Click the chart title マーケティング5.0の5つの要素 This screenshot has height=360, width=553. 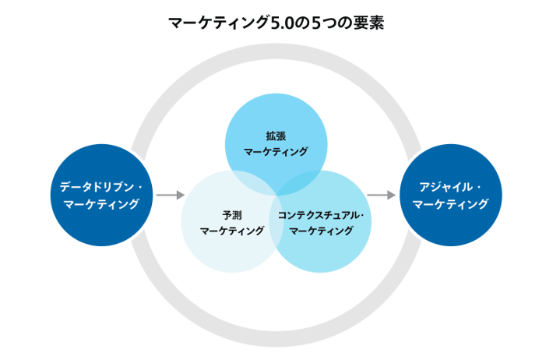pyautogui.click(x=276, y=23)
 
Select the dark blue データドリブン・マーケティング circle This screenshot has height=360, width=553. pyautogui.click(x=101, y=195)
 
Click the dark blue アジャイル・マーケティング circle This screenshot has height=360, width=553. pyautogui.click(x=451, y=195)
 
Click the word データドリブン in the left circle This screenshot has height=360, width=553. pyautogui.click(x=97, y=187)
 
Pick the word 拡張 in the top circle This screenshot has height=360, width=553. pyautogui.click(x=276, y=136)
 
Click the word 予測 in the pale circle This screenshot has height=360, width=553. pyautogui.click(x=232, y=215)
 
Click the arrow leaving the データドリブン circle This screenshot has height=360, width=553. pyautogui.click(x=171, y=195)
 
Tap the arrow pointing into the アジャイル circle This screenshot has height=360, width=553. pyautogui.click(x=381, y=195)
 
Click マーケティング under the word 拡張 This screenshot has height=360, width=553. pyautogui.click(x=276, y=151)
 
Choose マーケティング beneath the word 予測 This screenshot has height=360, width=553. pyautogui.click(x=232, y=231)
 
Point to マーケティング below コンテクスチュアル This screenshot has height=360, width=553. pyautogui.click(x=321, y=231)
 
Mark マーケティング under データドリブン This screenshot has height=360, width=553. pyautogui.click(x=101, y=203)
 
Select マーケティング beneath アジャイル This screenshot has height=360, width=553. pyautogui.click(x=451, y=203)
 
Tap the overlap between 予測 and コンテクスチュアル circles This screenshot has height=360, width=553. pyautogui.click(x=276, y=221)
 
